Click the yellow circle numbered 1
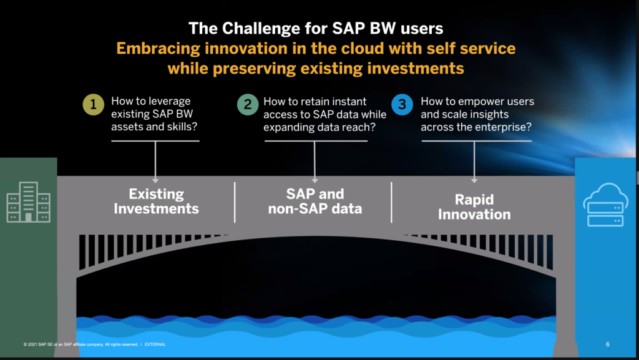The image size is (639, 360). tap(94, 105)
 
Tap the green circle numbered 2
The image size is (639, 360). tap(248, 105)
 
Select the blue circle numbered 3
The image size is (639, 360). tap(402, 105)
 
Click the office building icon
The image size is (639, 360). tap(29, 202)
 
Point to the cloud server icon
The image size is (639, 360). tap(605, 205)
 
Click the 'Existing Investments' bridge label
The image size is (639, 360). tap(156, 201)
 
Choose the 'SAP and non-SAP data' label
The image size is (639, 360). tap(315, 201)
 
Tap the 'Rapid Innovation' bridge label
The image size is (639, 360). tap(474, 207)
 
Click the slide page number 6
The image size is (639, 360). tap(608, 344)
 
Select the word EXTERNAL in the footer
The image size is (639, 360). tap(155, 344)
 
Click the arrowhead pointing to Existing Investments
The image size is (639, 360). tap(155, 180)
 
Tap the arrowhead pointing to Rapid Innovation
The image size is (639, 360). tap(474, 180)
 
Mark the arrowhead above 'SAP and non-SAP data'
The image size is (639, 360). tap(315, 180)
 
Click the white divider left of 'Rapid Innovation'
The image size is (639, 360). tap(391, 202)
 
